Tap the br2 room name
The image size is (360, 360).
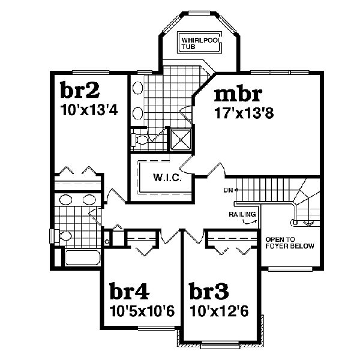(x=80, y=91)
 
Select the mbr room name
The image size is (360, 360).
(x=238, y=94)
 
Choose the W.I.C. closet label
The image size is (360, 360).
(x=163, y=178)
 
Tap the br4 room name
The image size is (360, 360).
(x=129, y=292)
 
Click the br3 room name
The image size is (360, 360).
(x=209, y=292)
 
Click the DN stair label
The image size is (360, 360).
(x=228, y=190)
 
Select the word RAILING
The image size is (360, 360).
(x=243, y=214)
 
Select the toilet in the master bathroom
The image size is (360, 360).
(x=139, y=140)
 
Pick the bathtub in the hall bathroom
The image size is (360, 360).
(x=82, y=258)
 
